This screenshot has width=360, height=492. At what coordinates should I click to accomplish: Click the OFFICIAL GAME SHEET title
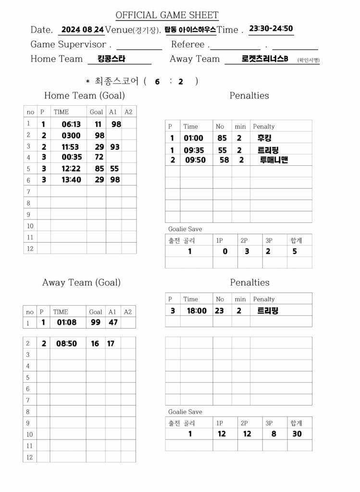tap(167, 15)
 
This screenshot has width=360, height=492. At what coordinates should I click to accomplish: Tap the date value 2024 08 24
tap(83, 29)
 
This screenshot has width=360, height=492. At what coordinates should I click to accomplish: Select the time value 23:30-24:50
tap(271, 28)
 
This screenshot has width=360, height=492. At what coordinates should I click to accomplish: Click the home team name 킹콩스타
tap(111, 59)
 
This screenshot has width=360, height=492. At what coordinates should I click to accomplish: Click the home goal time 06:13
tap(71, 124)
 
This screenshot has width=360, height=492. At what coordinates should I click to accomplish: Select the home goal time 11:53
tap(70, 147)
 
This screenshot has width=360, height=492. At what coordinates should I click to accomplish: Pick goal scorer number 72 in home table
tap(99, 157)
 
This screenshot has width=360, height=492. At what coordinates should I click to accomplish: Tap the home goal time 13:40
tap(71, 179)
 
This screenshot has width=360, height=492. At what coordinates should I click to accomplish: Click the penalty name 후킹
tap(265, 138)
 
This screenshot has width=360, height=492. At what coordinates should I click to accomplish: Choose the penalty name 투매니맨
tap(273, 160)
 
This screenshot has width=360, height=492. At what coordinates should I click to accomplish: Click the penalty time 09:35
tap(194, 150)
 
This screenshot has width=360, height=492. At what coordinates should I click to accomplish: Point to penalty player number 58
tap(224, 160)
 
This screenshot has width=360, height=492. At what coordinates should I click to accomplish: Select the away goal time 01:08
tap(66, 322)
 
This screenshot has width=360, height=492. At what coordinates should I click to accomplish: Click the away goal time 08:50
tap(66, 344)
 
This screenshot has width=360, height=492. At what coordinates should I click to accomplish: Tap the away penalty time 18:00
tap(197, 311)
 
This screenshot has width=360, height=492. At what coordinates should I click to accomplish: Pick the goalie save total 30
tap(297, 434)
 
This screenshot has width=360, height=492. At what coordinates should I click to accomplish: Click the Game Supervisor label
tap(68, 44)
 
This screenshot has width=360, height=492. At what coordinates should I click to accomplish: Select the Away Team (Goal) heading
tap(81, 283)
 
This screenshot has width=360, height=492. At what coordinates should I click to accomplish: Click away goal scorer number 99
tap(96, 322)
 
